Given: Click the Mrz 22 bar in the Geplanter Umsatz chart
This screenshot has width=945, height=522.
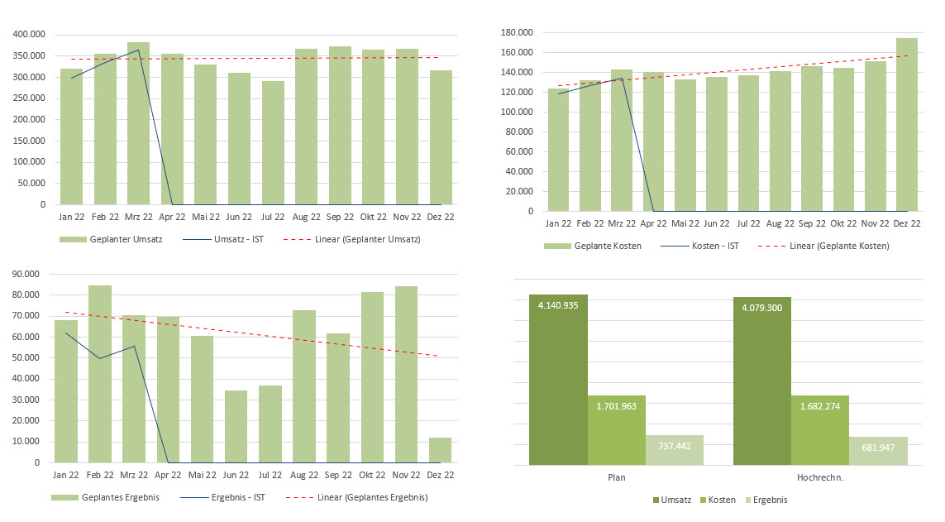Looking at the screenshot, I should pyautogui.click(x=138, y=124).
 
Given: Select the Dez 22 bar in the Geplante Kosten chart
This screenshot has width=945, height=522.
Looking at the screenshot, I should pyautogui.click(x=907, y=124).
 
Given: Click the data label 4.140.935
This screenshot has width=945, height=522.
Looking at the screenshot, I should pyautogui.click(x=558, y=305).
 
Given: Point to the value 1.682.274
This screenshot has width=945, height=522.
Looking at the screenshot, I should pyautogui.click(x=819, y=406).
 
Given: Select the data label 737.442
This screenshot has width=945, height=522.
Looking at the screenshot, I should pyautogui.click(x=675, y=445).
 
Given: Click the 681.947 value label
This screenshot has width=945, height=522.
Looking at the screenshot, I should pyautogui.click(x=878, y=447).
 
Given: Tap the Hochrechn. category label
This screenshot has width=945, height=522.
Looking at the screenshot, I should pyautogui.click(x=819, y=478).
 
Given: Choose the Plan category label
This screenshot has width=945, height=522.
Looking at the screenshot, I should pyautogui.click(x=616, y=478).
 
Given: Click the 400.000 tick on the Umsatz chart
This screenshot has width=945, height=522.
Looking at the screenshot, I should pyautogui.click(x=27, y=35).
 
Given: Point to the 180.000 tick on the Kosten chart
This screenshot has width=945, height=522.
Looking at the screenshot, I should pyautogui.click(x=516, y=33).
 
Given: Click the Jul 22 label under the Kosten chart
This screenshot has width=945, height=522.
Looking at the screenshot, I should pyautogui.click(x=747, y=223).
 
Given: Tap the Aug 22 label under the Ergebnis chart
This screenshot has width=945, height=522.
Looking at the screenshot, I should pyautogui.click(x=304, y=475).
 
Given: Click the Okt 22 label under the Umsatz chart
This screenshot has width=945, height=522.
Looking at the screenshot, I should pyautogui.click(x=373, y=217).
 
